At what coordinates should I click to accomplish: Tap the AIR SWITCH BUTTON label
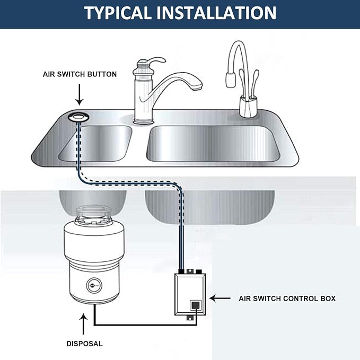click(80, 74)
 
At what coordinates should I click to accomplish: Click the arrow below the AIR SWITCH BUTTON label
click(79, 95)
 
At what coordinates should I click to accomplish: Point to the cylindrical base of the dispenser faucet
click(248, 106)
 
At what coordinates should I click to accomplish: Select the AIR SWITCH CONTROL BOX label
click(287, 299)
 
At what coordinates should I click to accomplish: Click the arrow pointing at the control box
click(219, 299)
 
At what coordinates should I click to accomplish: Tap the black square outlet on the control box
click(195, 305)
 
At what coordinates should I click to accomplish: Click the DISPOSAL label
click(84, 344)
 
